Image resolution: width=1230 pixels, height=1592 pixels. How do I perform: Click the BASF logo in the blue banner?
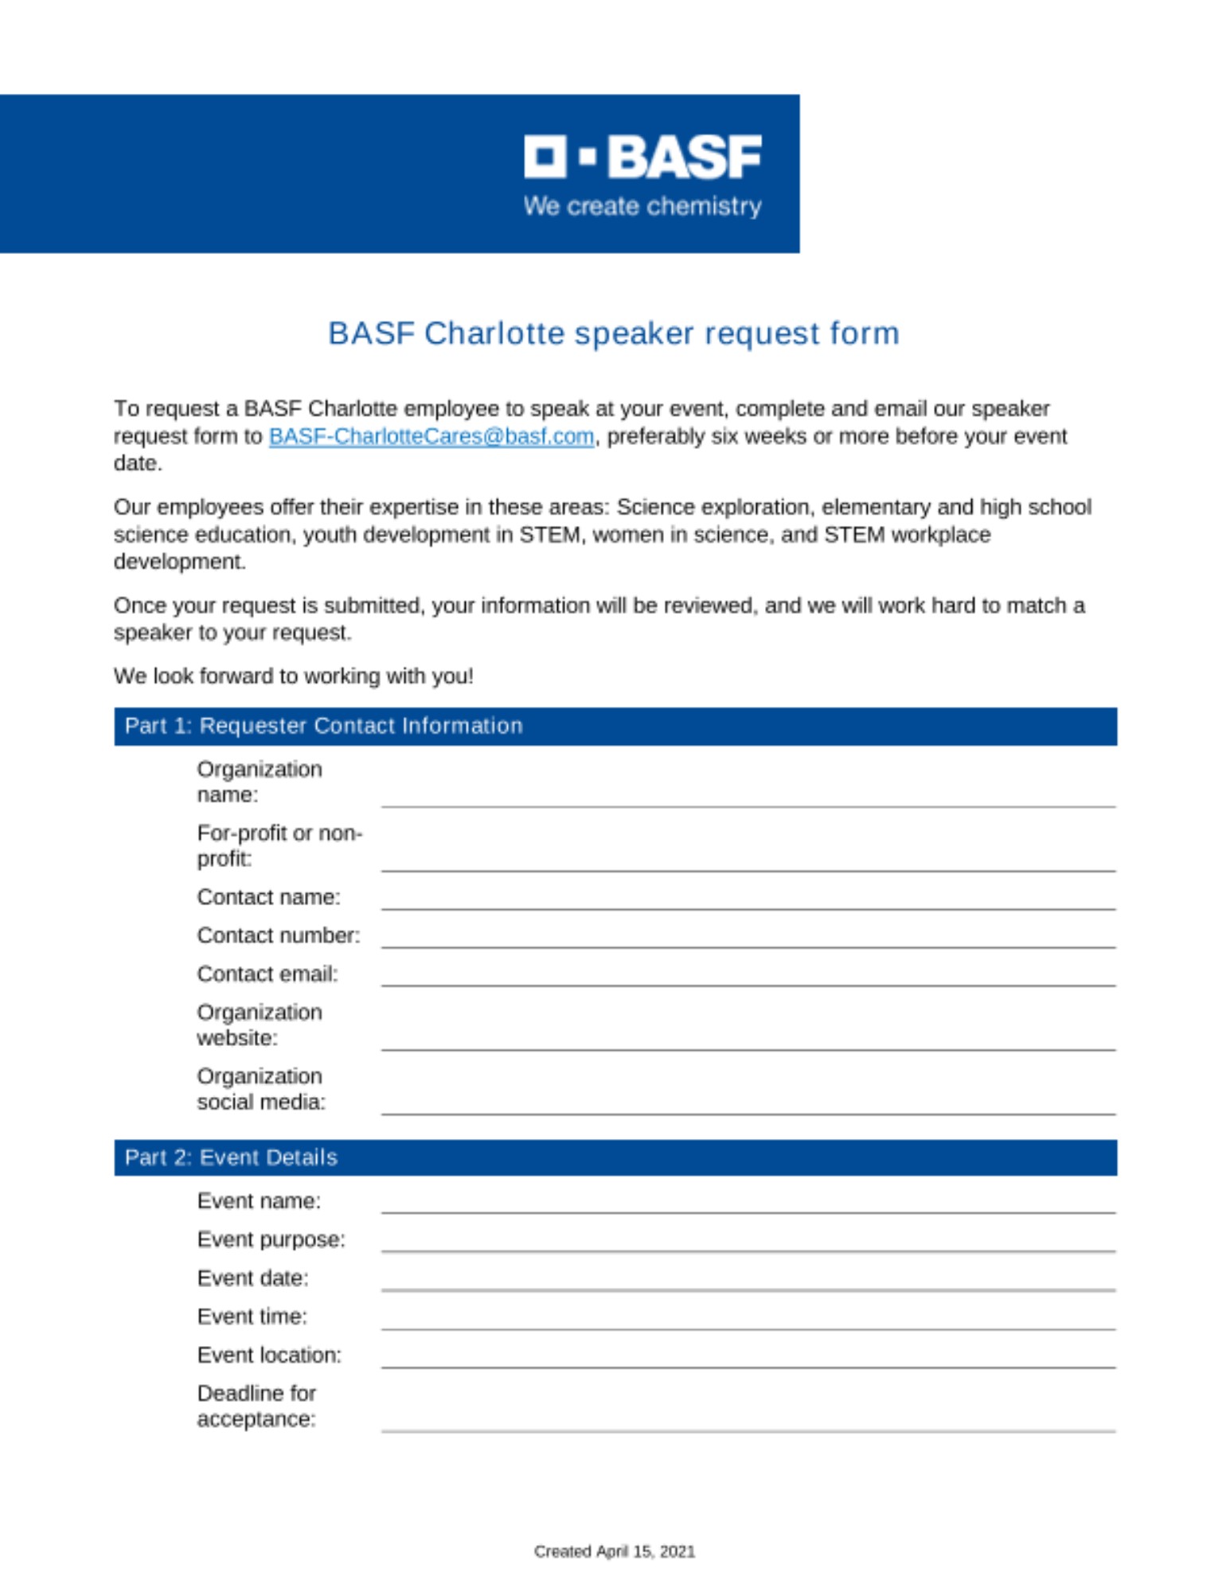coord(642,157)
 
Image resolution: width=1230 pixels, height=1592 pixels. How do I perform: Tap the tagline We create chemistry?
coord(642,206)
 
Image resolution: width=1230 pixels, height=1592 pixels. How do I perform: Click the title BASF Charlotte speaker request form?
coord(614,334)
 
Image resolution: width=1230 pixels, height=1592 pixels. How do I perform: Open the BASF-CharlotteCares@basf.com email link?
coord(431,436)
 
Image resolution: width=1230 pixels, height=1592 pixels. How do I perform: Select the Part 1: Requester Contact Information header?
coord(323,726)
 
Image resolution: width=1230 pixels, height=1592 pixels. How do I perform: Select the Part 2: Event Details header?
coord(231,1157)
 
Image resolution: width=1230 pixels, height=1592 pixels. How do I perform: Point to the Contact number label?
coord(278,935)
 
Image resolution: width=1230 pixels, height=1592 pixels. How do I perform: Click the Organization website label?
coord(259,1025)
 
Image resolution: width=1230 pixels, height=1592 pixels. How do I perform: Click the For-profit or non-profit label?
coord(279,845)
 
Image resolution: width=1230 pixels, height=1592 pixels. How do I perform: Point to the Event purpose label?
coord(271,1239)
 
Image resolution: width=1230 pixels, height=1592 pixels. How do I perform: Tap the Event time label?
coord(252,1317)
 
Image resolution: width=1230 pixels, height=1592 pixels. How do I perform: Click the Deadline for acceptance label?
coord(256,1406)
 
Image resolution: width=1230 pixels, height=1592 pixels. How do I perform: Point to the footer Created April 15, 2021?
coord(614,1551)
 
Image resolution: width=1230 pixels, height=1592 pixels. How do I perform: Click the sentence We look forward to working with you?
coord(293,676)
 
